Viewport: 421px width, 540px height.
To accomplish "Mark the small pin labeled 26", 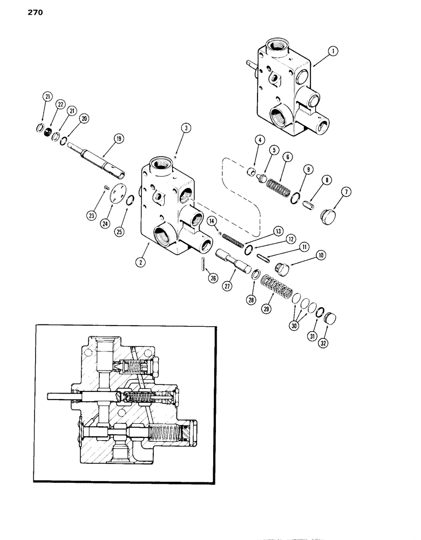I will (x=202, y=265).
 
